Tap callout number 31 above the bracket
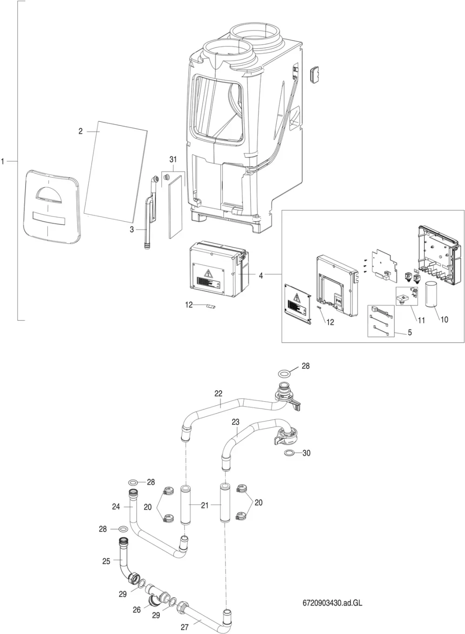173,159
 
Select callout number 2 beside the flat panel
81,132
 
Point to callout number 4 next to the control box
261,275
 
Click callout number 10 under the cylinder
445,319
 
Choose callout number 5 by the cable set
410,332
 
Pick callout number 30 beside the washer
306,453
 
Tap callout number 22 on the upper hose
219,393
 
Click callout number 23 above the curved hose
236,422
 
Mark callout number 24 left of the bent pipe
116,507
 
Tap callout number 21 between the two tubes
205,505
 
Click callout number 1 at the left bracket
3,162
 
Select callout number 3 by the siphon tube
132,230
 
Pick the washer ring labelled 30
289,453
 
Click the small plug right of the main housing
315,75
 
